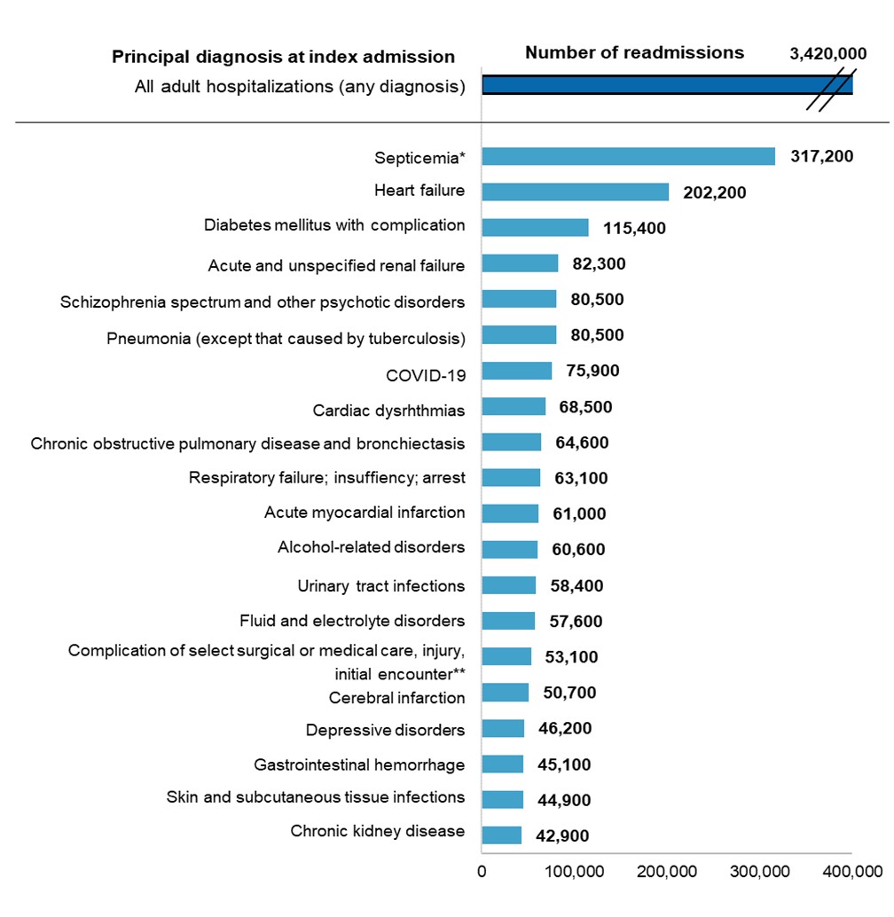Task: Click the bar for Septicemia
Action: point(628,156)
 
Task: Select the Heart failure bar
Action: point(575,192)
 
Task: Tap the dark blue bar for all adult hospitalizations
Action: point(665,85)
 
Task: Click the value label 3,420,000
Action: point(827,55)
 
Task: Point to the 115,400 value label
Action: point(631,229)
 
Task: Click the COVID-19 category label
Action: point(425,374)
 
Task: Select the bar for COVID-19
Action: point(516,371)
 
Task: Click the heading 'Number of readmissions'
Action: point(634,52)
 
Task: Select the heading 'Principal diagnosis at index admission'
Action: point(283,57)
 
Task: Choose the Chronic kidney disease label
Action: point(377,831)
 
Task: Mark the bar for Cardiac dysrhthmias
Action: point(514,406)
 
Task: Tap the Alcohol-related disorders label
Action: point(371,547)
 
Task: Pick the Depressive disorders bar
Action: point(503,728)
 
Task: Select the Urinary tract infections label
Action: point(380,585)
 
